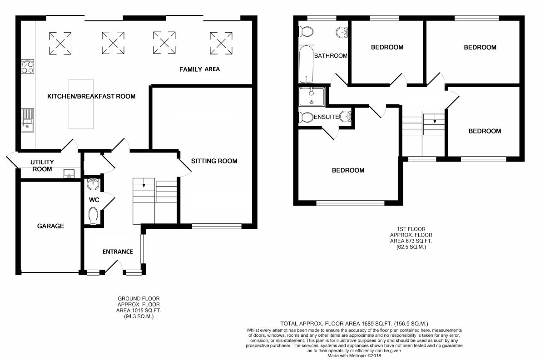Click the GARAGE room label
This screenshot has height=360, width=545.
50,226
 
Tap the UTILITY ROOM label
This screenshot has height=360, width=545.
42,166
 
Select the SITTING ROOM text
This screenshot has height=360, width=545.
214,161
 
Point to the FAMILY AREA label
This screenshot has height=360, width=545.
199,69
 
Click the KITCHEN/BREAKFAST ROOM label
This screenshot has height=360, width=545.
91,96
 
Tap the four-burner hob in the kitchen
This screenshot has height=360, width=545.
28,67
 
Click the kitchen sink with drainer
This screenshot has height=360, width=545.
28,120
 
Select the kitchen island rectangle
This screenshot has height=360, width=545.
81,104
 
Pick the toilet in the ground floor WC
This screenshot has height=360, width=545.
93,216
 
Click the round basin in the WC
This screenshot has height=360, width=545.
93,184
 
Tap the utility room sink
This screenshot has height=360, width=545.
69,174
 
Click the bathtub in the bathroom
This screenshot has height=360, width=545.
306,64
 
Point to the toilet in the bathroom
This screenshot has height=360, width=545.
306,31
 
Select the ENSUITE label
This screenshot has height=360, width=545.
326,117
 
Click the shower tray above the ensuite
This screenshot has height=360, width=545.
312,97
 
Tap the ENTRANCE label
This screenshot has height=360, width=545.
118,252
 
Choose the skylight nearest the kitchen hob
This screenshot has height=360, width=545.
60,43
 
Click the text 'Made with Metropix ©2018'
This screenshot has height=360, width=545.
354,355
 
